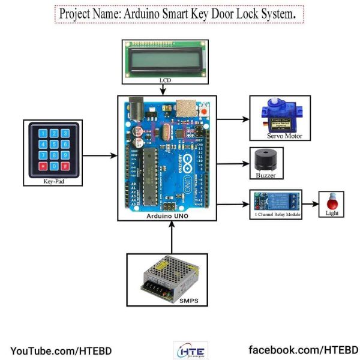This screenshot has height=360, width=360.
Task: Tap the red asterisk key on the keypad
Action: click(43, 166)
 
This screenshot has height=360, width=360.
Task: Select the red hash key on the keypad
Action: click(65, 166)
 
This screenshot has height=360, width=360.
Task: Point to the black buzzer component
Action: click(266, 160)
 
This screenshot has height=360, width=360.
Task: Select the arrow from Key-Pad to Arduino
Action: click(98, 156)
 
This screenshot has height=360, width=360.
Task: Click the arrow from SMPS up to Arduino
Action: click(172, 238)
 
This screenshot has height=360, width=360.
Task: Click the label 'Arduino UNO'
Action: click(167, 215)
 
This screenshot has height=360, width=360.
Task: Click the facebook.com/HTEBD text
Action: click(304, 350)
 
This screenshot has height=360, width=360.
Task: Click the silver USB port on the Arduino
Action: click(190, 107)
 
